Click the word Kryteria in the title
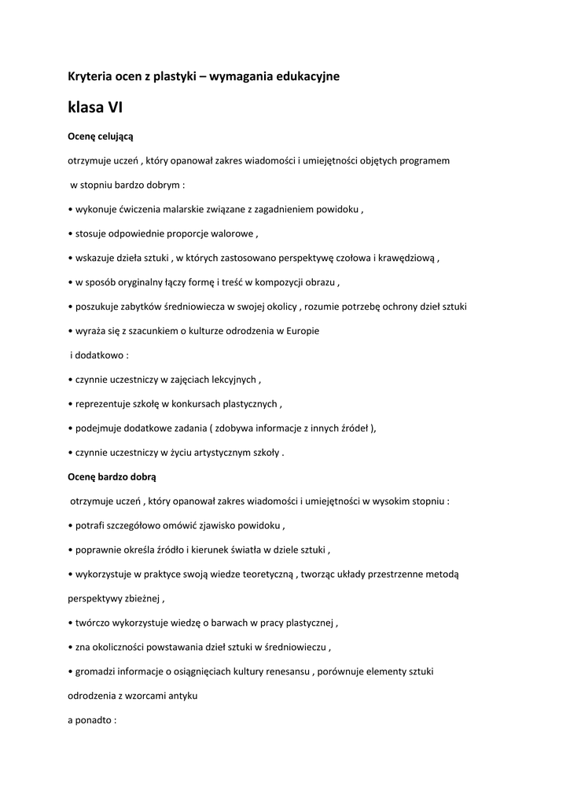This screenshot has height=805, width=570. click(90, 76)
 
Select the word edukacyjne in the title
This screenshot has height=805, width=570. click(305, 76)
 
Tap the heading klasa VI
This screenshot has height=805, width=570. click(95, 107)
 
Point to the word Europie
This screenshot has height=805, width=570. click(302, 331)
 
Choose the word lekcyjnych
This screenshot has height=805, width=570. click(230, 380)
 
